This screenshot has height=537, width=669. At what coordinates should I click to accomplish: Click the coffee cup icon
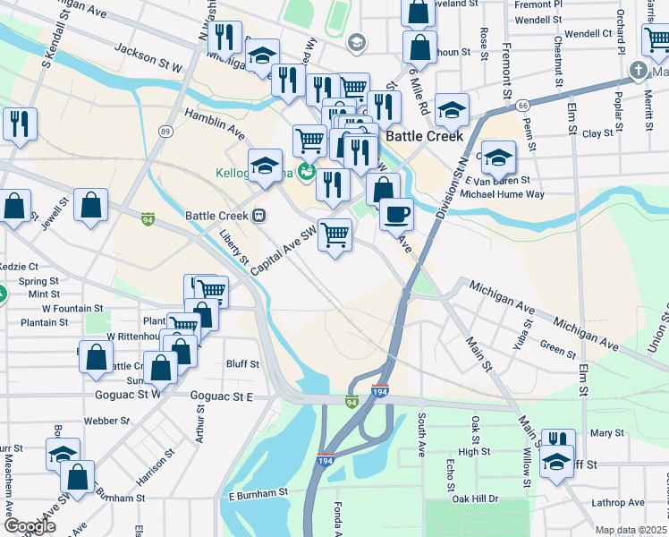click(396, 215)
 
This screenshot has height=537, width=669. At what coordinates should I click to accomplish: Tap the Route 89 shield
click(165, 132)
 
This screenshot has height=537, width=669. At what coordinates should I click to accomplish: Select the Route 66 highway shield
click(521, 106)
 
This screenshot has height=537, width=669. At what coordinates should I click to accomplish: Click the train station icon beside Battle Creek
click(258, 215)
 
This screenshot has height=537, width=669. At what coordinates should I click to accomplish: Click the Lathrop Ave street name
click(622, 503)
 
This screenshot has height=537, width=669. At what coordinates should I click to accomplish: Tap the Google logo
click(30, 526)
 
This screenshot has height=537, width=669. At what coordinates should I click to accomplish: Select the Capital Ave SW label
click(284, 250)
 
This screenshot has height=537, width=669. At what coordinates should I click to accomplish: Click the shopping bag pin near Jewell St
click(91, 205)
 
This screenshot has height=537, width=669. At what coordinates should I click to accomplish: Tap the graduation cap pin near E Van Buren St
click(499, 158)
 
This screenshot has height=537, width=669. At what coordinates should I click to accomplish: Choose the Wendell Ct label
click(588, 34)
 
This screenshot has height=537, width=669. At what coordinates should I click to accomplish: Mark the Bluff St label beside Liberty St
click(242, 364)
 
